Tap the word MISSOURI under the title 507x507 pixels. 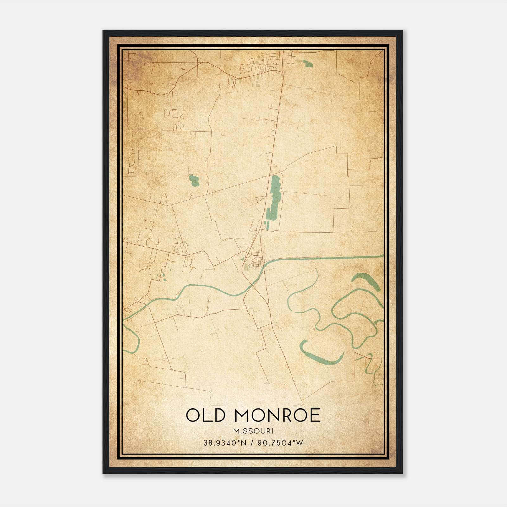pos(253,431)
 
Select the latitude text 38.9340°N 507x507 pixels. pos(225,443)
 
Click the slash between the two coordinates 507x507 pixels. pos(253,443)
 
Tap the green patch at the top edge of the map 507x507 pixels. pos(307,64)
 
